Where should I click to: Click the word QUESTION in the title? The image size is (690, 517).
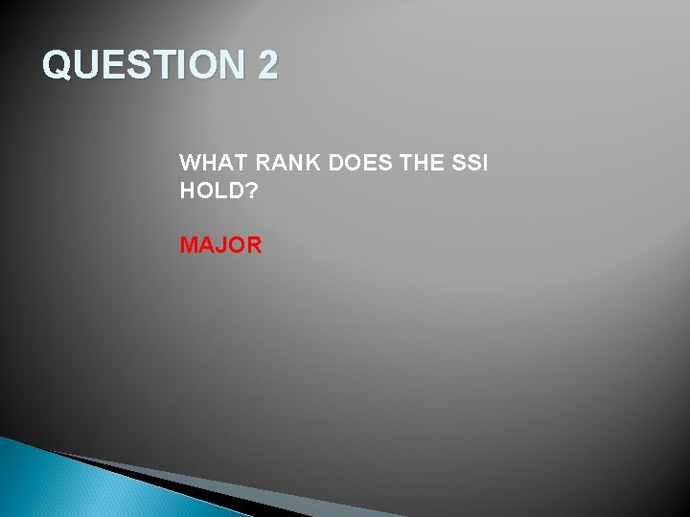pos(144,66)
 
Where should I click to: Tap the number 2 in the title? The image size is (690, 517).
pos(267,66)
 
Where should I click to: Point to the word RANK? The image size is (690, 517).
pos(287,163)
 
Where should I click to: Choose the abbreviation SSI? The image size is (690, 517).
pos(471,163)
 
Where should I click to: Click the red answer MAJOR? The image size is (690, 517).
pos(220,245)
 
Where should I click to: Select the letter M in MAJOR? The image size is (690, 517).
pos(190,245)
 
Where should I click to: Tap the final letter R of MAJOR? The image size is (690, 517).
pos(253,245)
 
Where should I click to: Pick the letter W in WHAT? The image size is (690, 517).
pos(190,163)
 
